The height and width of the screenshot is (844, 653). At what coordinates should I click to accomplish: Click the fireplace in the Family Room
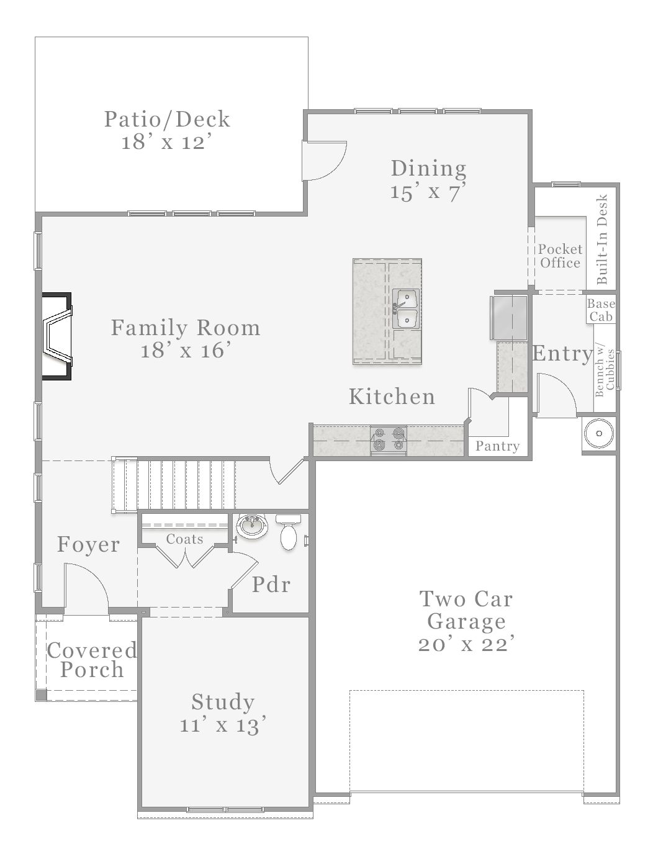pos(56,335)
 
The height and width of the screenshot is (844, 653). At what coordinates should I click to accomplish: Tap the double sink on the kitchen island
pos(406,308)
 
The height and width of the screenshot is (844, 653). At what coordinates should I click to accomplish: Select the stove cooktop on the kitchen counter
pos(388,439)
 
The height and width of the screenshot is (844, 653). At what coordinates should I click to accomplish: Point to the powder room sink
pos(253,527)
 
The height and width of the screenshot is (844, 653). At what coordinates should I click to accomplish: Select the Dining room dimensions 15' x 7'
pos(428,192)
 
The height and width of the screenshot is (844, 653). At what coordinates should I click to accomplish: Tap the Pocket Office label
pos(560,256)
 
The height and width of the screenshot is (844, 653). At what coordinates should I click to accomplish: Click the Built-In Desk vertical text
pos(601,240)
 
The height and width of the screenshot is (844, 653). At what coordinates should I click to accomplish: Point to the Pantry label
pos(497,446)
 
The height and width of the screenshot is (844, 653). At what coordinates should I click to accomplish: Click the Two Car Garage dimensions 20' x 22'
pos(466,644)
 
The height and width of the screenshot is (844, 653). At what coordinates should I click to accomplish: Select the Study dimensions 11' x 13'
pos(223,725)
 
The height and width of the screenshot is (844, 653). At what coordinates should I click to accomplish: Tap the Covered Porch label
pos(92,660)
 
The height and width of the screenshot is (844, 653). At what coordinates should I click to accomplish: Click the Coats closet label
pos(184,539)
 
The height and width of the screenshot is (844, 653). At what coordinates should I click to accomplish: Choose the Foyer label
pos(88,544)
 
